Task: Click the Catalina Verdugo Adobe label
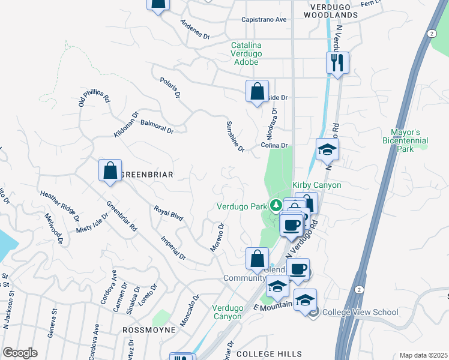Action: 246,53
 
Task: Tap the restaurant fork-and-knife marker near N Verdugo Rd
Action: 338,62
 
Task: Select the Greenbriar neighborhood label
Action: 146,175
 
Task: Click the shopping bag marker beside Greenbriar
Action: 110,170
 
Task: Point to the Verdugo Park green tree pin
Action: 276,206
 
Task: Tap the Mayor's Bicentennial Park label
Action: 405,140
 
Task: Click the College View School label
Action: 360,312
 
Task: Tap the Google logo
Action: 20,353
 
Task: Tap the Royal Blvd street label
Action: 168,213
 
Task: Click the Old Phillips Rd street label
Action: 95,100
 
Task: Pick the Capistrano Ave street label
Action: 264,19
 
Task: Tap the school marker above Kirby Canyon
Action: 328,149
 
